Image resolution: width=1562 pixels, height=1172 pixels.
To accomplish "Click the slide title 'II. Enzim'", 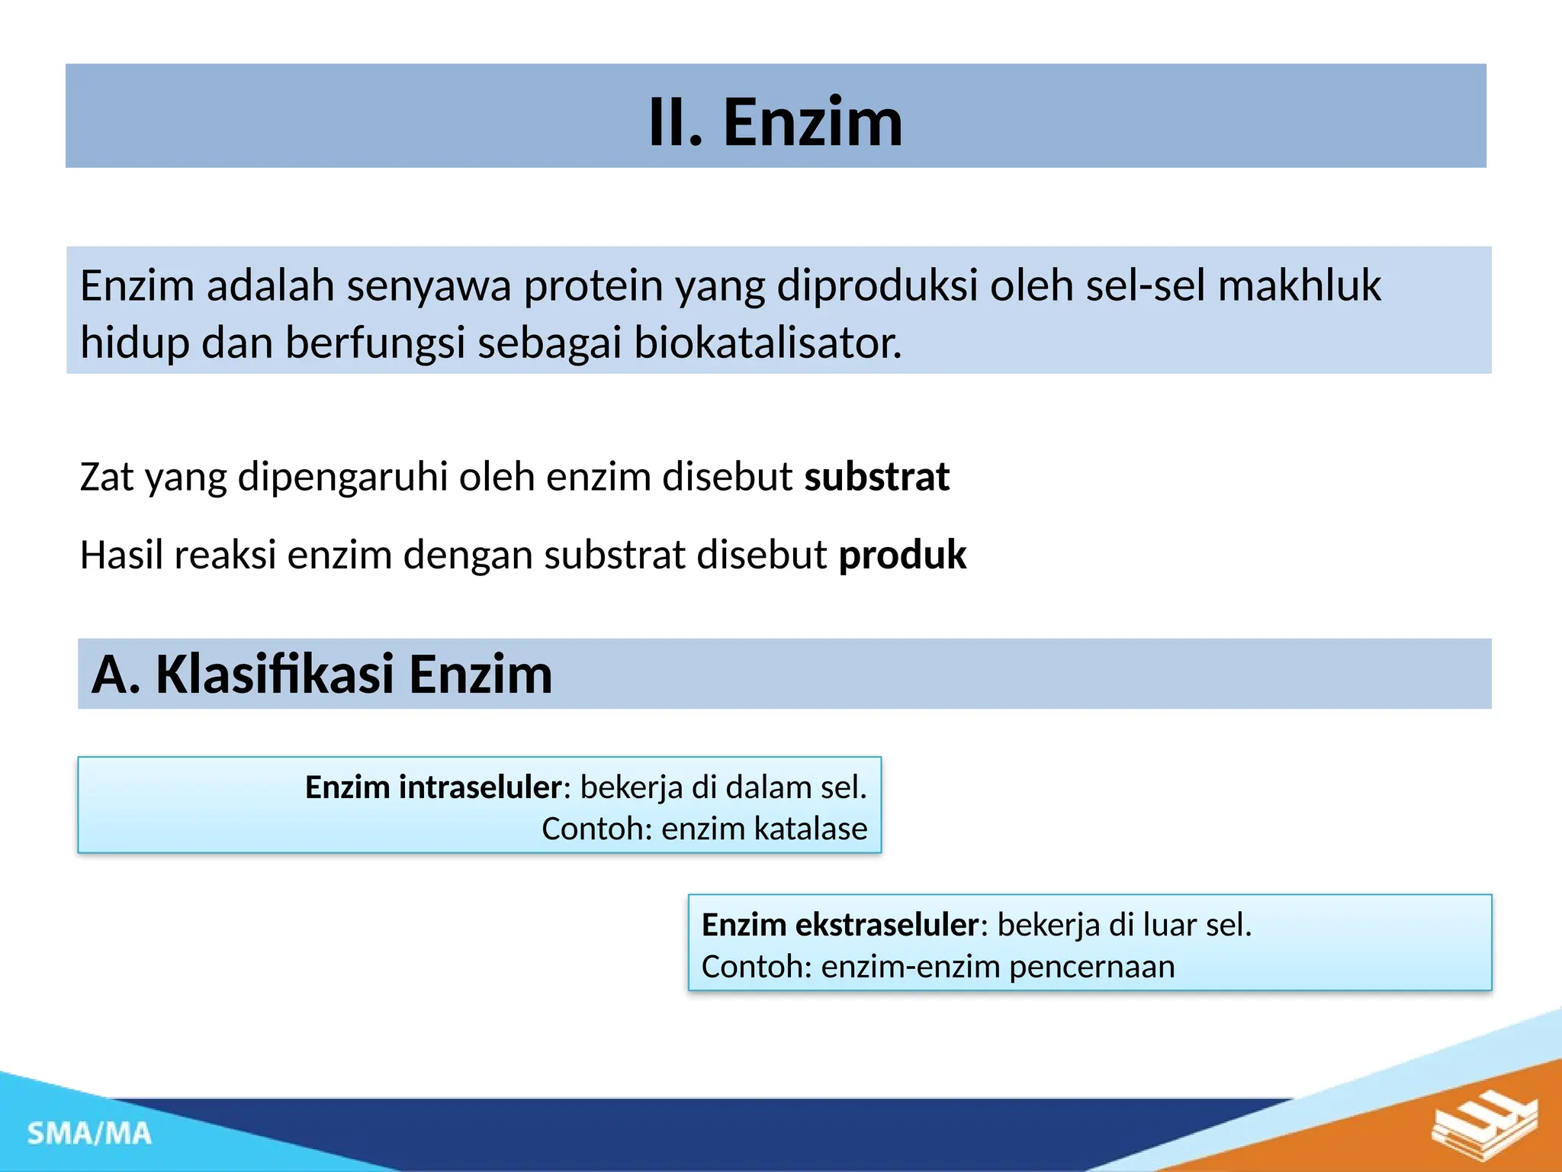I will pos(775,122).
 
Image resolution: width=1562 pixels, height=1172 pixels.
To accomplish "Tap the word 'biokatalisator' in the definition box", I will pos(767,343).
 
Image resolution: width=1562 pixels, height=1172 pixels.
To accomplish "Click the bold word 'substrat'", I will pos(876,478).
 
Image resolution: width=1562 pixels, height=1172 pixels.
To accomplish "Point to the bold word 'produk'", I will pos(902,555).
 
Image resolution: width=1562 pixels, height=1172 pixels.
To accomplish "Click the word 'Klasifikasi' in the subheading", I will pos(275,675).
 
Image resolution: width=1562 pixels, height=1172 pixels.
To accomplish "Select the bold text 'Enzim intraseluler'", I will pos(433,787).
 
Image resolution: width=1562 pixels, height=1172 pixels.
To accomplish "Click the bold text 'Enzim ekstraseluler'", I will pos(839,926).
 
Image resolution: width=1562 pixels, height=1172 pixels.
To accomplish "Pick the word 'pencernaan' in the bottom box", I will pos(1091,968).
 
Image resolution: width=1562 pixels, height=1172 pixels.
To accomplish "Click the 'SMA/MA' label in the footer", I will pos(89,1134).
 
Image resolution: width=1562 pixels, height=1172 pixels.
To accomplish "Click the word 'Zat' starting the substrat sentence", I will pos(107,478).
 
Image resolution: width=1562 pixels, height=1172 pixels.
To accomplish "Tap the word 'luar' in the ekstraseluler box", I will pos(1170,926).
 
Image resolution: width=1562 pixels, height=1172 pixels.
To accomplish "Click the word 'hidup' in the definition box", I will pos(135,343).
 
